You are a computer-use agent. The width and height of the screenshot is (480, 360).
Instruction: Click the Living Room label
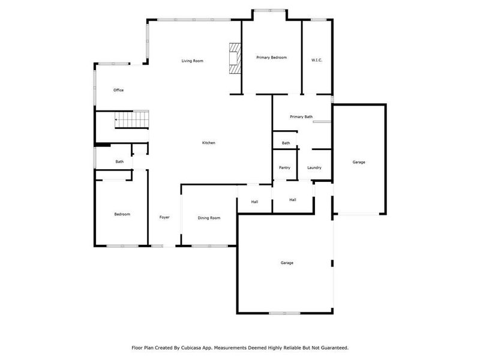(193, 61)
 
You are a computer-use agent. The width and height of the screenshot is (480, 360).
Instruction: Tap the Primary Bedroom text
(271, 58)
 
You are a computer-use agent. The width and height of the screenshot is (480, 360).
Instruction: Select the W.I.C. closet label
(317, 59)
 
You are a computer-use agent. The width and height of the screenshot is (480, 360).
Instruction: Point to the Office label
(119, 90)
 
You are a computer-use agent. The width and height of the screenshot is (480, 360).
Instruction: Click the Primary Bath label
(301, 116)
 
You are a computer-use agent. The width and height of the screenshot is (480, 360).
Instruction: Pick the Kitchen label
(208, 143)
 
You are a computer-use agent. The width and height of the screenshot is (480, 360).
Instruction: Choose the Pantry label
(284, 167)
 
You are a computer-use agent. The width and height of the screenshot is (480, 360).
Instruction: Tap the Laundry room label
(314, 167)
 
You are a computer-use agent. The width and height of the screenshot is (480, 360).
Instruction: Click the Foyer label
(164, 217)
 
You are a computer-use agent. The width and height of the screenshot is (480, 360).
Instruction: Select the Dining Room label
(209, 218)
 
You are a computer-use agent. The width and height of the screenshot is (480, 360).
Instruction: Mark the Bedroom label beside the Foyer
(122, 214)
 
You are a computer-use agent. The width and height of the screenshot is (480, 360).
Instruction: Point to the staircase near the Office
(131, 120)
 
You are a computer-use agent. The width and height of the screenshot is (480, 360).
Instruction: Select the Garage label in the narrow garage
(359, 162)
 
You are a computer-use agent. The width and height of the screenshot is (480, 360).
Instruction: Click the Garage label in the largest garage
(287, 263)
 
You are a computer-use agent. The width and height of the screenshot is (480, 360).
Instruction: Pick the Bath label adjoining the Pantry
(286, 143)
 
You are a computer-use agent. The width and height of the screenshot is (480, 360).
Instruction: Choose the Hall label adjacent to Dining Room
(254, 202)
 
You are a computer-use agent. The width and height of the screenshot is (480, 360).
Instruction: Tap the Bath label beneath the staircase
(119, 161)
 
